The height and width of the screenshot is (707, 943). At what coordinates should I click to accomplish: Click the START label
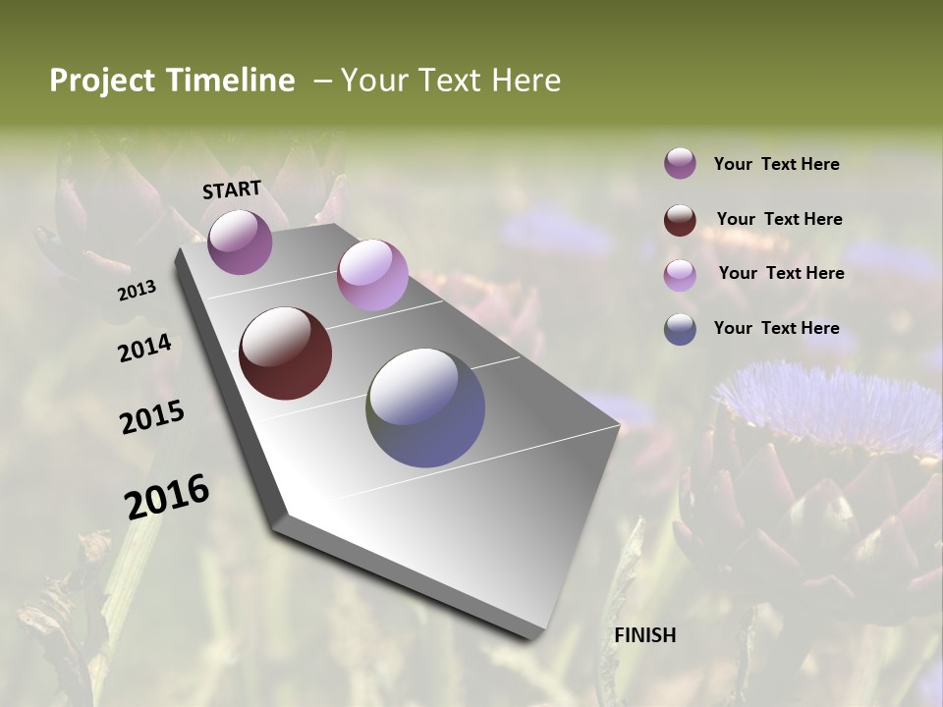(232, 190)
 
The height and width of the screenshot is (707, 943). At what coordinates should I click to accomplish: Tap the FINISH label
(644, 635)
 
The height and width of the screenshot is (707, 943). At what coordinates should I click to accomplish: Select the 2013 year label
(137, 291)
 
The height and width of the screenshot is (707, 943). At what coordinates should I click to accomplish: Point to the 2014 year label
(144, 349)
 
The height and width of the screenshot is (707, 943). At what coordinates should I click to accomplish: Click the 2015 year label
(151, 417)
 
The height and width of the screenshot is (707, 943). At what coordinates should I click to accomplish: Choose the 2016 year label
(166, 497)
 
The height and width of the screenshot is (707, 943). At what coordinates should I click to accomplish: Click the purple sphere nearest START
(240, 242)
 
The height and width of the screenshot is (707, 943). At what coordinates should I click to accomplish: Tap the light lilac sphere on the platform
(372, 275)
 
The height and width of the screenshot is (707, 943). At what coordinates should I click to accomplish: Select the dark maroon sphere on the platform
(285, 353)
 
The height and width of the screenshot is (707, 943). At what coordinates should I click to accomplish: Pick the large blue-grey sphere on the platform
(425, 407)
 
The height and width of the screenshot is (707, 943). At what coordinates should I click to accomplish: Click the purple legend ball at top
(680, 164)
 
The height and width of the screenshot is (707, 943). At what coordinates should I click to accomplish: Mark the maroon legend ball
(680, 220)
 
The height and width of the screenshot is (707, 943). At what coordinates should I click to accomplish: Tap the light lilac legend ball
(680, 275)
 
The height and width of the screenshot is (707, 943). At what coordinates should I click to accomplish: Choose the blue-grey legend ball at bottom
(680, 329)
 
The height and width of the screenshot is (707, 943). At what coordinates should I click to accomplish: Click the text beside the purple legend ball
(776, 164)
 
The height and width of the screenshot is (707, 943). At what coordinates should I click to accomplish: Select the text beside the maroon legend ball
(779, 219)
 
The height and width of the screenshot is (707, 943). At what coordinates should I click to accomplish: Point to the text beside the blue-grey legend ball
(776, 328)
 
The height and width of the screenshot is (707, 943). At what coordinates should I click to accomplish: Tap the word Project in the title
(98, 81)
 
